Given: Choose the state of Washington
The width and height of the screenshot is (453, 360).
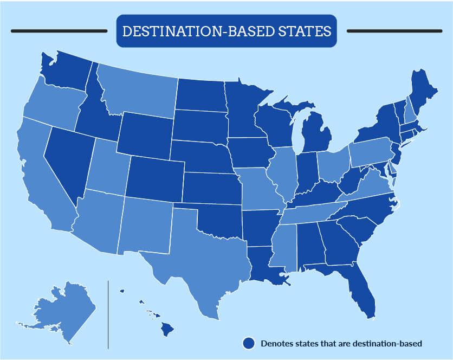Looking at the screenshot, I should pyautogui.click(x=65, y=70).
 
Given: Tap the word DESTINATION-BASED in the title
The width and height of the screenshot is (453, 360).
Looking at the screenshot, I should pyautogui.click(x=198, y=31).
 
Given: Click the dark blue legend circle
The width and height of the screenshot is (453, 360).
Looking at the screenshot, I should pyautogui.click(x=249, y=343).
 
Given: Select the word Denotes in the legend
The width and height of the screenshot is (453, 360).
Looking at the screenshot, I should pyautogui.click(x=276, y=343).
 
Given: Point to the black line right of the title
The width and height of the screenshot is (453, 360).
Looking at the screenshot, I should pyautogui.click(x=395, y=31).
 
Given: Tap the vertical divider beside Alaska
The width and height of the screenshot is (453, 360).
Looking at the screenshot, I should pyautogui.click(x=108, y=314).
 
